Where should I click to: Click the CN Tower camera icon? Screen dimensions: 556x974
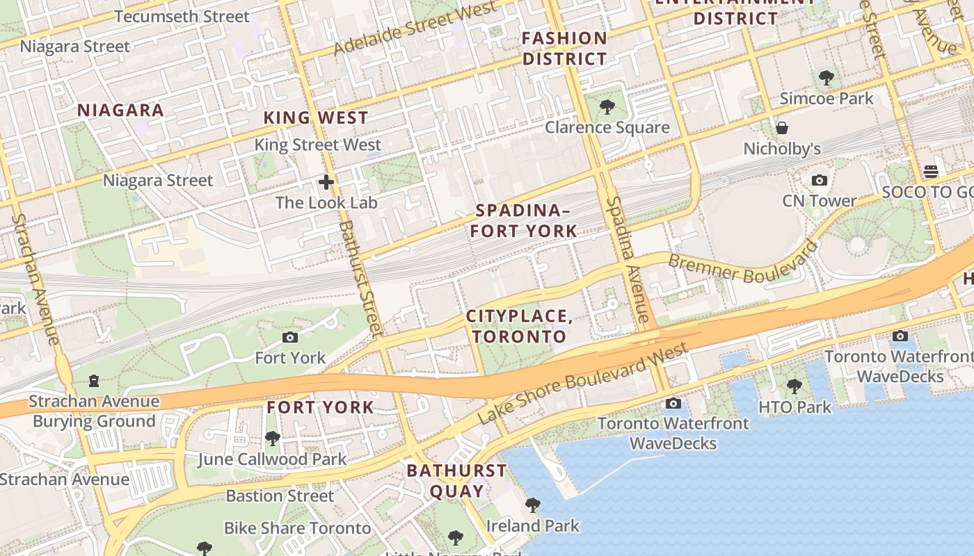[x=820, y=181]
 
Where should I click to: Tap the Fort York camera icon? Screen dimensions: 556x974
[x=290, y=338]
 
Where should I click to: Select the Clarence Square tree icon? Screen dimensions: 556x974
[x=607, y=107]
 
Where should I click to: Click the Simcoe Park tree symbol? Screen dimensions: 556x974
[x=826, y=78]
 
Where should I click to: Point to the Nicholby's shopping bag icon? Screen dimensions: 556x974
[x=782, y=128]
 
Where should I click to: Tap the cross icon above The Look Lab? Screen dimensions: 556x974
[x=326, y=183]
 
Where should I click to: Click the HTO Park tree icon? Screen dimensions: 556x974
[x=794, y=386]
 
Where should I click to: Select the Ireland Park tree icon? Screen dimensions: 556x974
[x=532, y=505]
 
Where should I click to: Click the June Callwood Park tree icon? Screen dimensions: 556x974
[x=272, y=439]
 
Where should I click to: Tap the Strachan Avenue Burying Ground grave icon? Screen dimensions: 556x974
[x=93, y=381]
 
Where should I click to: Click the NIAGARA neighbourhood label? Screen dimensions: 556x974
[x=120, y=110]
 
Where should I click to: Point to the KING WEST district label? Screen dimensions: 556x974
[x=316, y=117]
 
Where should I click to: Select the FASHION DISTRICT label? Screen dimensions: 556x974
[x=564, y=49]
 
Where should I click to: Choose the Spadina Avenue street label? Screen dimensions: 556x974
[x=628, y=261]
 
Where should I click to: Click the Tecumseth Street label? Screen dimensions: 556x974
[x=182, y=16]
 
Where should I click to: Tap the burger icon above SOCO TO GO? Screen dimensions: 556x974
[x=930, y=172]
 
